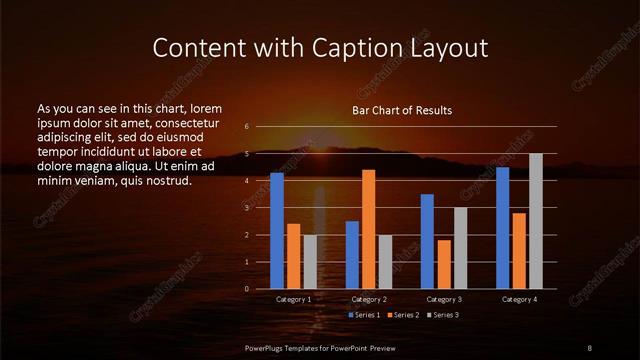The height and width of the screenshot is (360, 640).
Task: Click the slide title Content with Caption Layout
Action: click(x=319, y=47)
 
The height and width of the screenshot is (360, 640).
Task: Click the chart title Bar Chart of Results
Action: click(x=401, y=110)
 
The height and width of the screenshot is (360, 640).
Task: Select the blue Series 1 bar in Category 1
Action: click(x=277, y=230)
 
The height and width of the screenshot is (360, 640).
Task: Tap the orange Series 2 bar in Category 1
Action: click(x=293, y=256)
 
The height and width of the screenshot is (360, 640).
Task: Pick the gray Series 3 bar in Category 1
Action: click(x=310, y=261)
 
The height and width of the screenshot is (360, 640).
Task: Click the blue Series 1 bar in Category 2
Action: click(x=352, y=254)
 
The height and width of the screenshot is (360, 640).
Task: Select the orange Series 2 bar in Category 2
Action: click(x=369, y=229)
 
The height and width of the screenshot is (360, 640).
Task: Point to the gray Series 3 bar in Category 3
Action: click(x=460, y=248)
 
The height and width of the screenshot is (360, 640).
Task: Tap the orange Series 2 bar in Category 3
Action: click(x=444, y=264)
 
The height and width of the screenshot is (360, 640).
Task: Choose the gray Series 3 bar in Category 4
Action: click(x=536, y=221)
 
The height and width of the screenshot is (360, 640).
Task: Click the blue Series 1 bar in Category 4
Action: click(x=503, y=227)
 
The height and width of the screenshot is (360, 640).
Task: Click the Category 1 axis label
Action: click(x=293, y=299)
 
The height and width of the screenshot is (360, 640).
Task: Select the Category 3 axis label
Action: click(x=444, y=299)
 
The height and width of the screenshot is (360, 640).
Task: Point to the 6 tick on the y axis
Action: click(x=247, y=127)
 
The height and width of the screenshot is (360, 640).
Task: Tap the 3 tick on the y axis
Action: click(x=247, y=208)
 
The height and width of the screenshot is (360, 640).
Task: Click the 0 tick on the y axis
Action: click(x=247, y=289)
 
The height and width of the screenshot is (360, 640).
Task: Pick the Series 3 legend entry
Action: click(x=443, y=315)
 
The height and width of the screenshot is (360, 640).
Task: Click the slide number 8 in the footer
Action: click(x=589, y=347)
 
